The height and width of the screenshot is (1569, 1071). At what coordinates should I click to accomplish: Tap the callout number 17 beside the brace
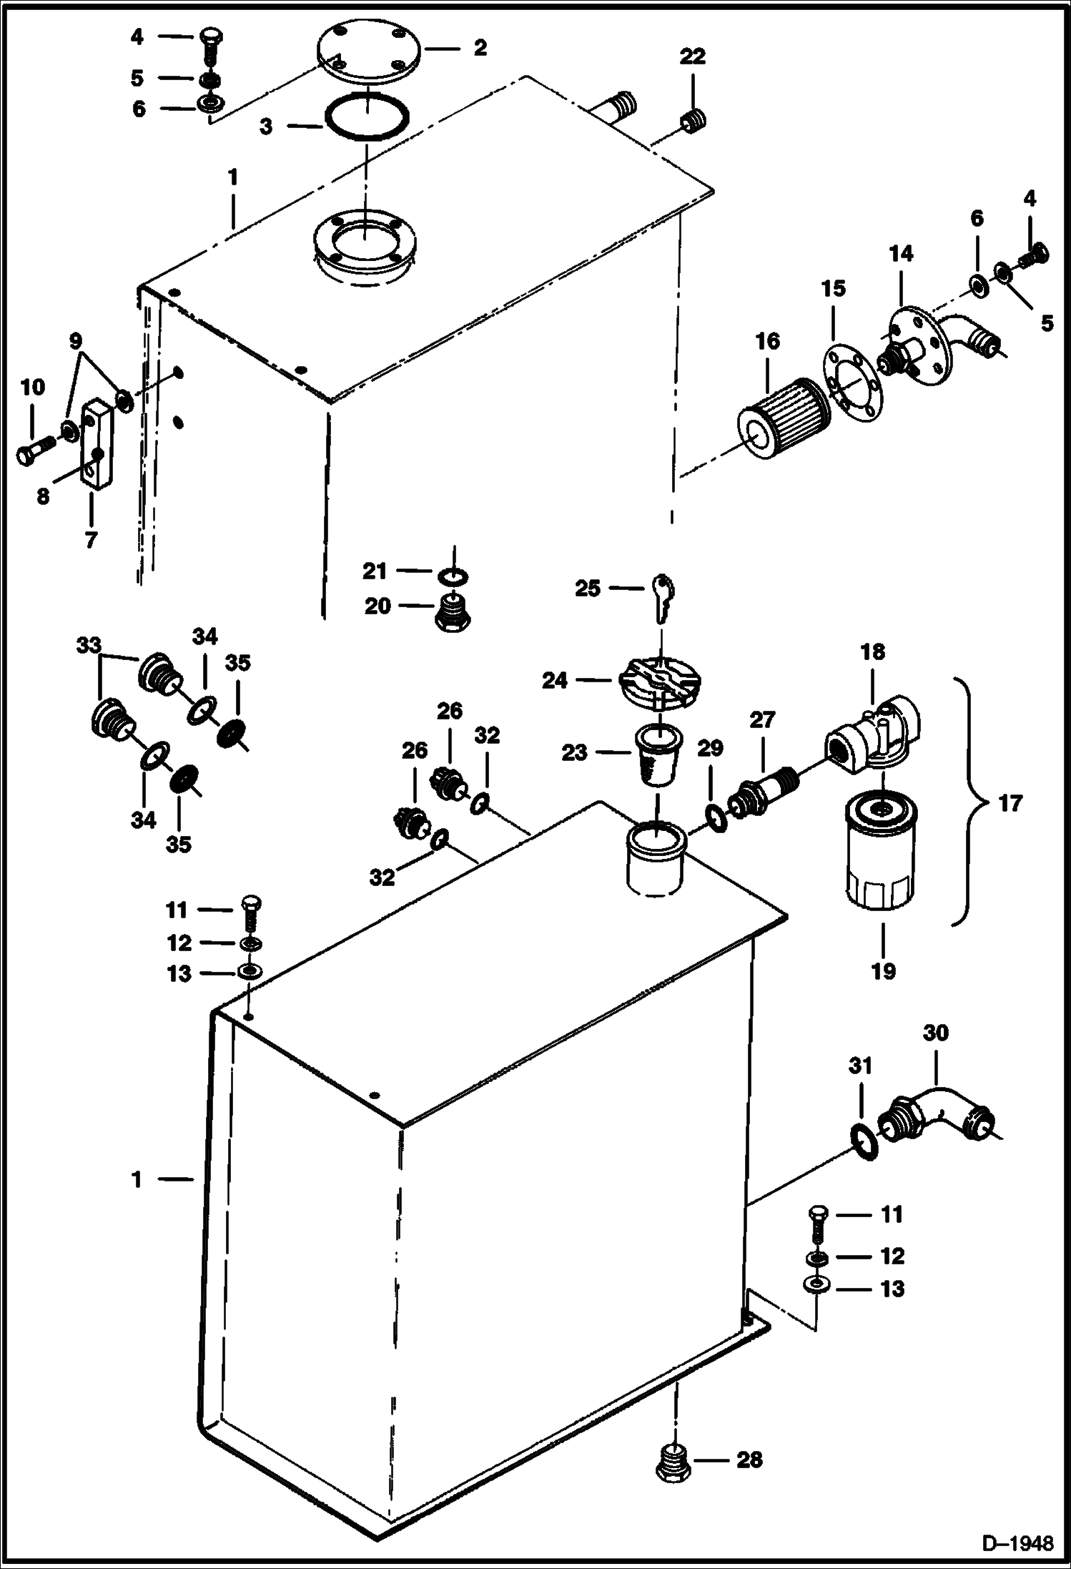coord(1010,804)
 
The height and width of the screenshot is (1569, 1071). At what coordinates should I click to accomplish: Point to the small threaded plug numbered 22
coord(694,123)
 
